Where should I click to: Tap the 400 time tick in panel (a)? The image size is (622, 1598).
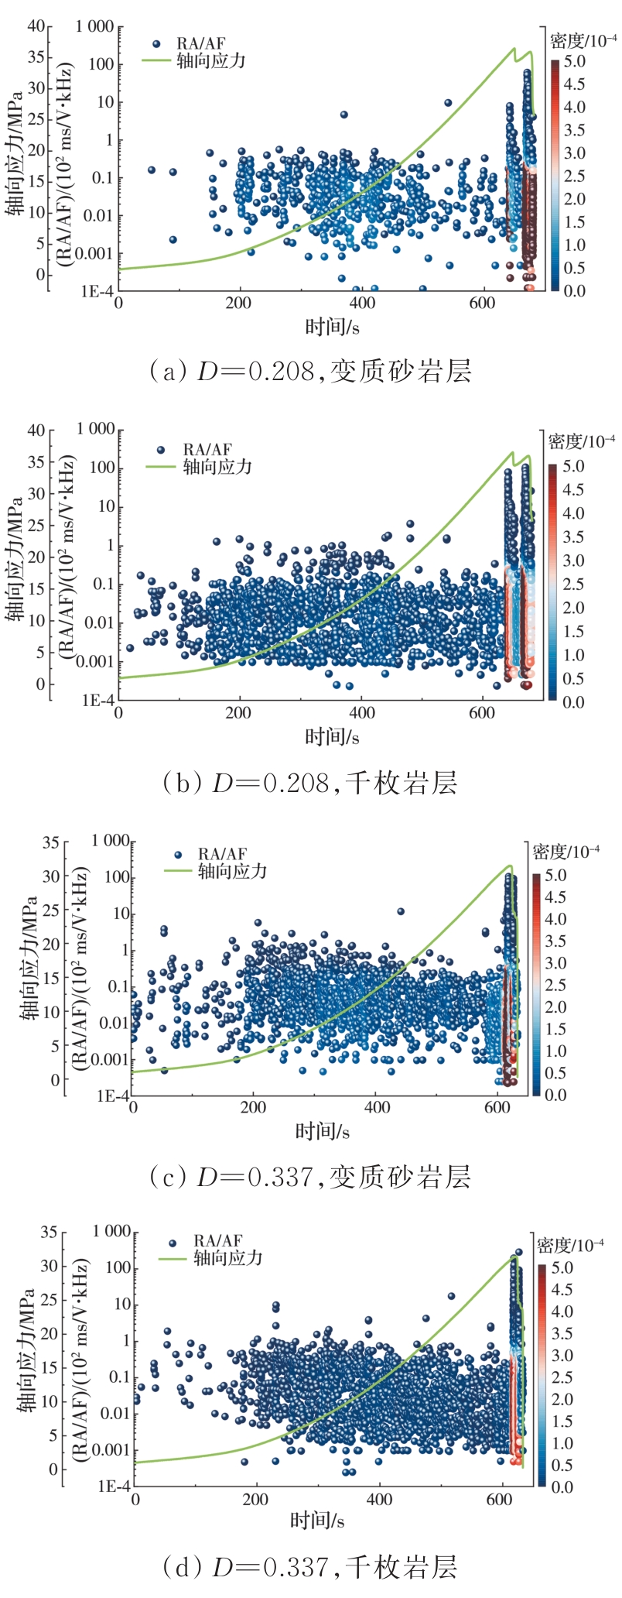(361, 303)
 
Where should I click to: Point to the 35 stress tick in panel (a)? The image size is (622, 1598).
(36, 57)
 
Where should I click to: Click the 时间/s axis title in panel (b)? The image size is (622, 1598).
(332, 736)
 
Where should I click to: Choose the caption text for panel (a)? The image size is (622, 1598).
(309, 372)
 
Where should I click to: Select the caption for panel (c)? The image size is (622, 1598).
(309, 1178)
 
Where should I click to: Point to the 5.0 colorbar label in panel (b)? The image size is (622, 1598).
(573, 466)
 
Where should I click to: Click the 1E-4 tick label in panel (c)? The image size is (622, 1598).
(113, 1096)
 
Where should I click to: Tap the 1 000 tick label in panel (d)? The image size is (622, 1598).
(111, 1232)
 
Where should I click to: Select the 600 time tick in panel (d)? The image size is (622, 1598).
(499, 1499)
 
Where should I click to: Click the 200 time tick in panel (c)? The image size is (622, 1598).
(254, 1107)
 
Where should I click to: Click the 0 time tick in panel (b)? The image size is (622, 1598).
(118, 712)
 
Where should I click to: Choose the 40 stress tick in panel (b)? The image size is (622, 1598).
(36, 430)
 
